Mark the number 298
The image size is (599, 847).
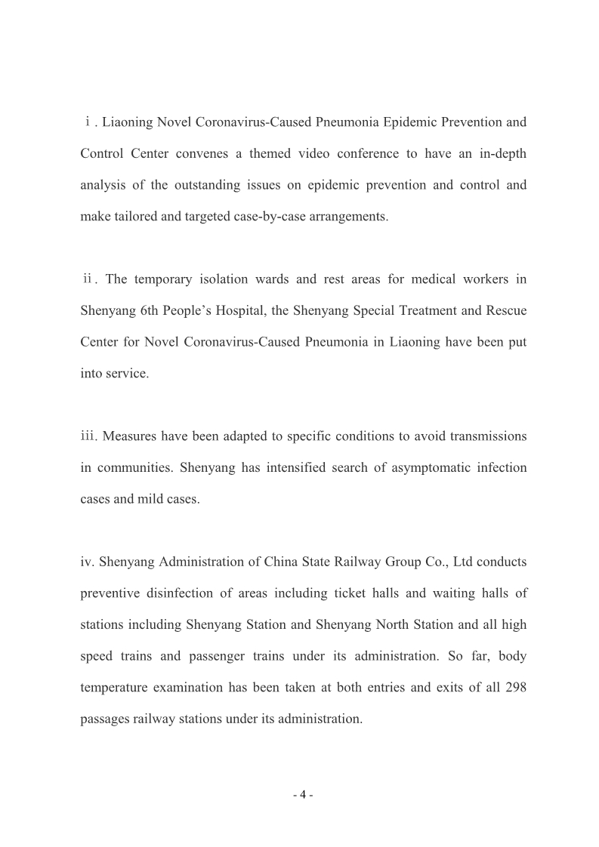click(516, 688)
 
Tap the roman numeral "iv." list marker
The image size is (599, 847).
click(88, 562)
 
